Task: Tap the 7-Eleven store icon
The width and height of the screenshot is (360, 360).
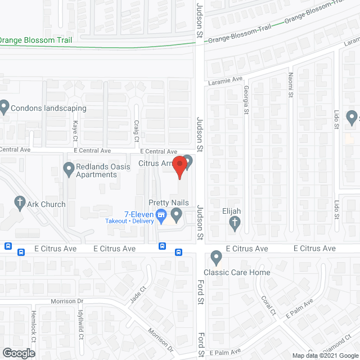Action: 161,214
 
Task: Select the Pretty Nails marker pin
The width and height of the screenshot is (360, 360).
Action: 177,214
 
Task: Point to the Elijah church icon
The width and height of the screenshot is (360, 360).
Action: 235,223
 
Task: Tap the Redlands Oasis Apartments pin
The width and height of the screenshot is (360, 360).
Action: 69,168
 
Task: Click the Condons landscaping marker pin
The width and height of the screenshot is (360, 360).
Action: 4,106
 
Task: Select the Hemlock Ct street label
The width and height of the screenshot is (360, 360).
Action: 34,335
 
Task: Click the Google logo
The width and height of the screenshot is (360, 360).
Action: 18,353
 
